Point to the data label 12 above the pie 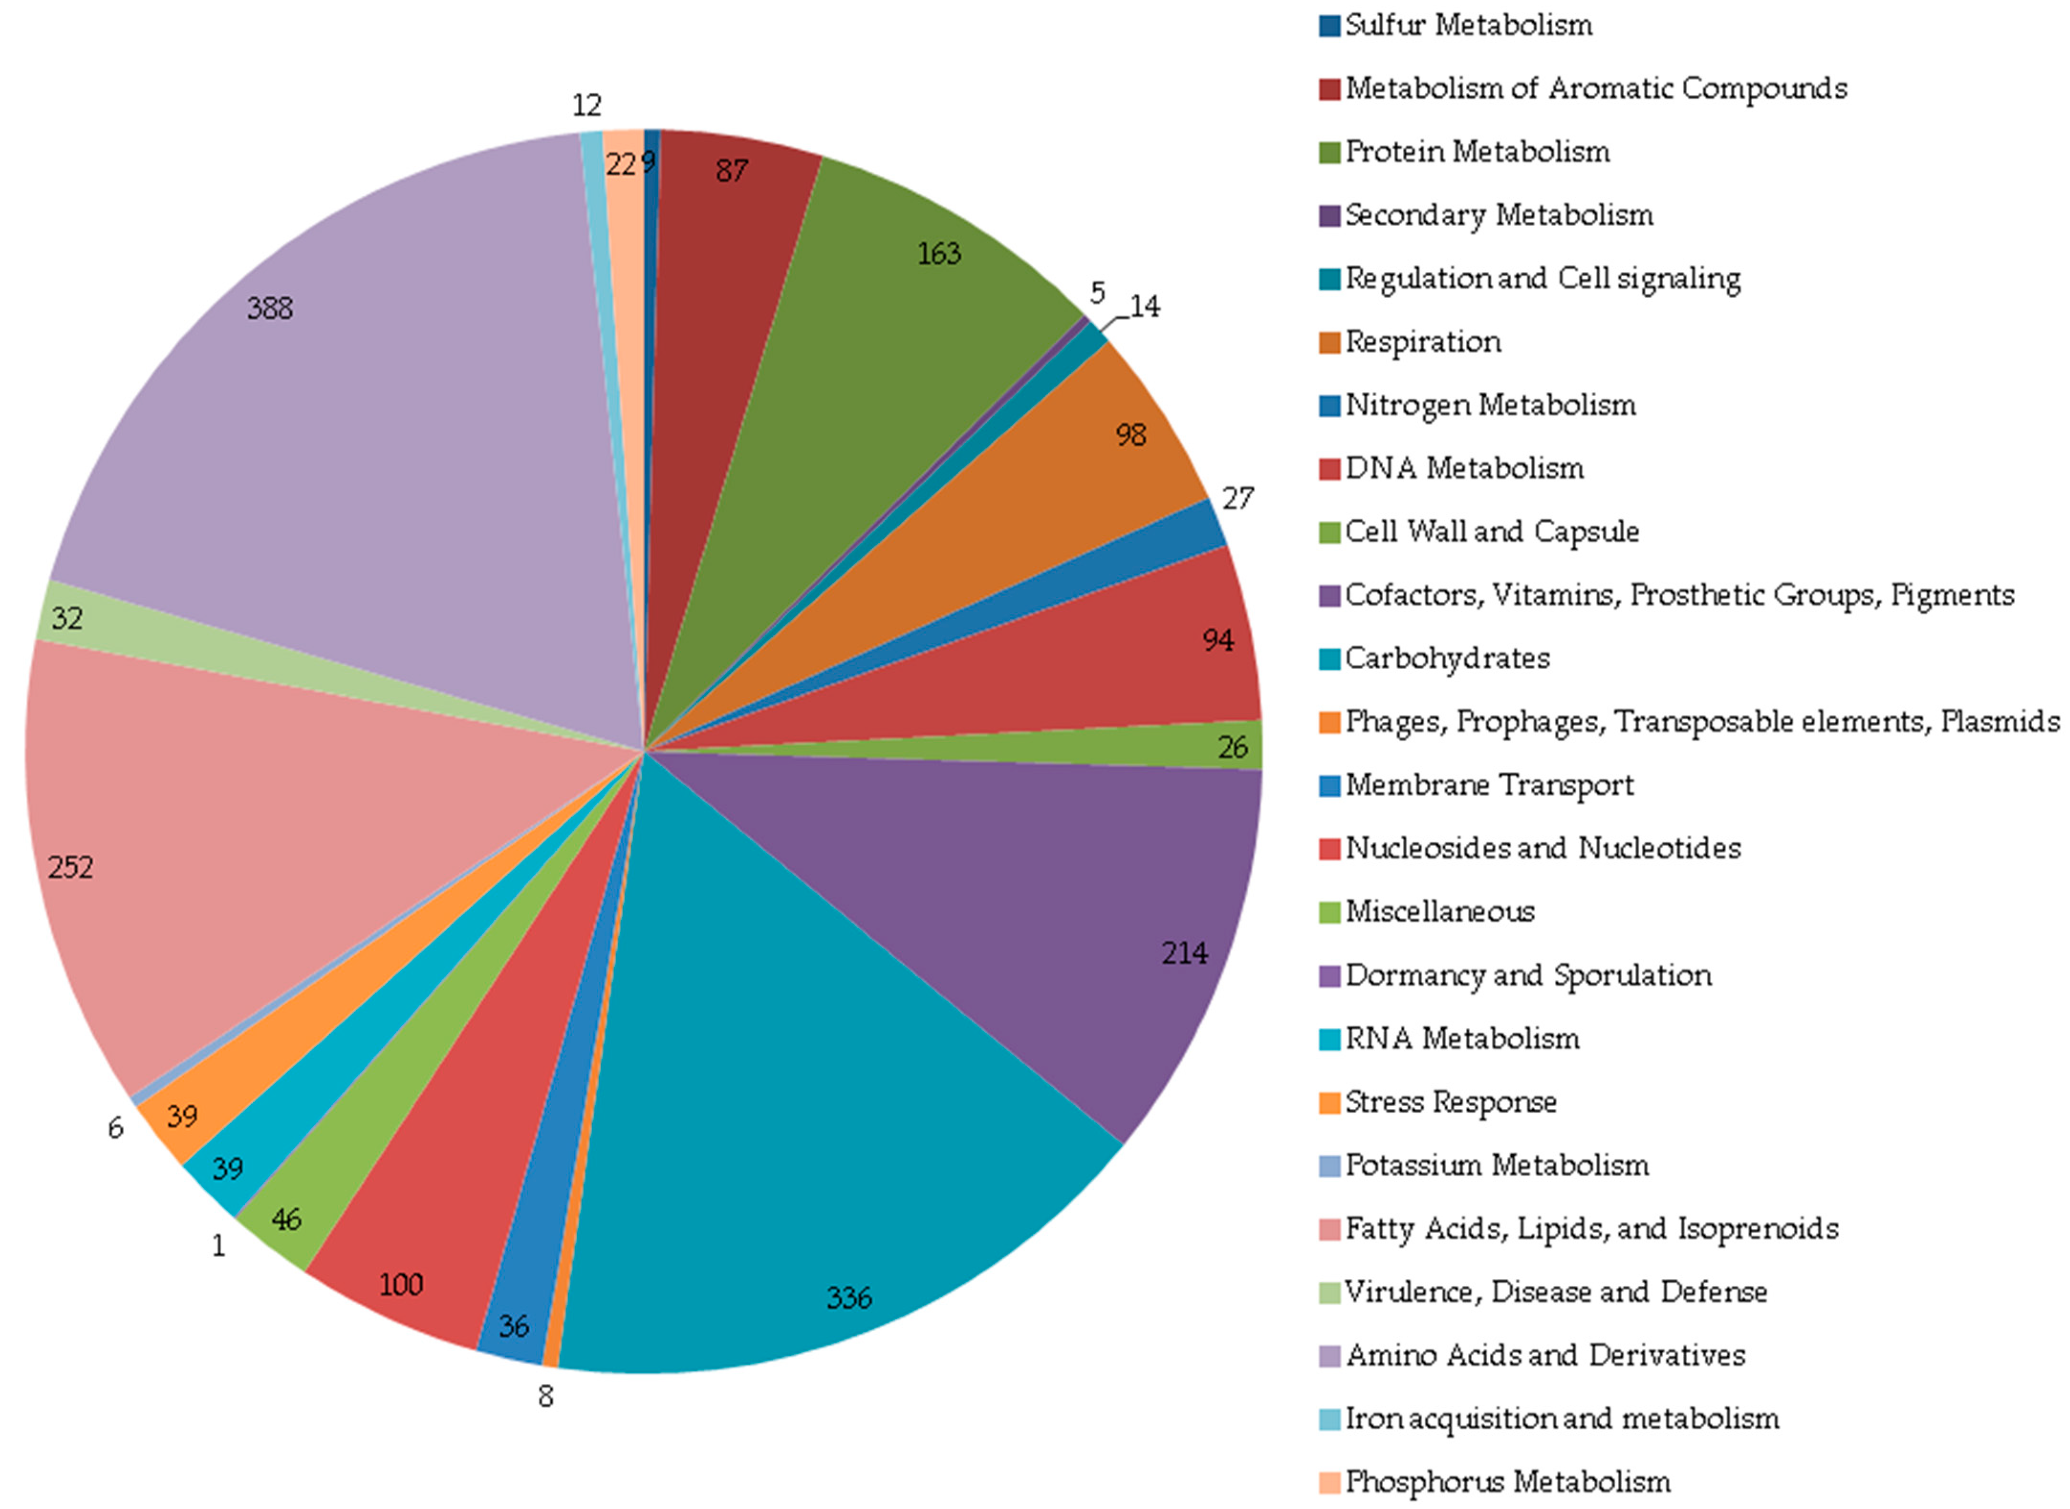[x=586, y=106]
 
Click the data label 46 [x=286, y=1219]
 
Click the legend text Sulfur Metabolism [x=1468, y=25]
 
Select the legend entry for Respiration [x=1422, y=342]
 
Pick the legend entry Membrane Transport [x=1489, y=785]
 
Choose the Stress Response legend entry [x=1450, y=1102]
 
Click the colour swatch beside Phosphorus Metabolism [x=1330, y=1482]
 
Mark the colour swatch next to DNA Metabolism [x=1330, y=468]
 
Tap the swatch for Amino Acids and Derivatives [x=1330, y=1356]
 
